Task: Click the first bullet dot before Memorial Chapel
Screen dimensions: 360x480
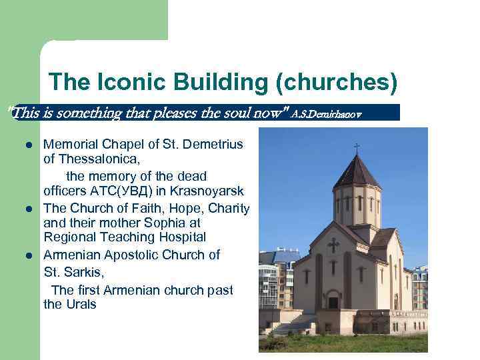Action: coord(29,145)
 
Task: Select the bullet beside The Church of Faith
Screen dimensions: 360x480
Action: coord(29,209)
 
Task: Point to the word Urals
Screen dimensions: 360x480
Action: coord(81,304)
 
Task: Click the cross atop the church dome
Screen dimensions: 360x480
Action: coord(357,147)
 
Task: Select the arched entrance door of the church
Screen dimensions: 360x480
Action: coord(333,301)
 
